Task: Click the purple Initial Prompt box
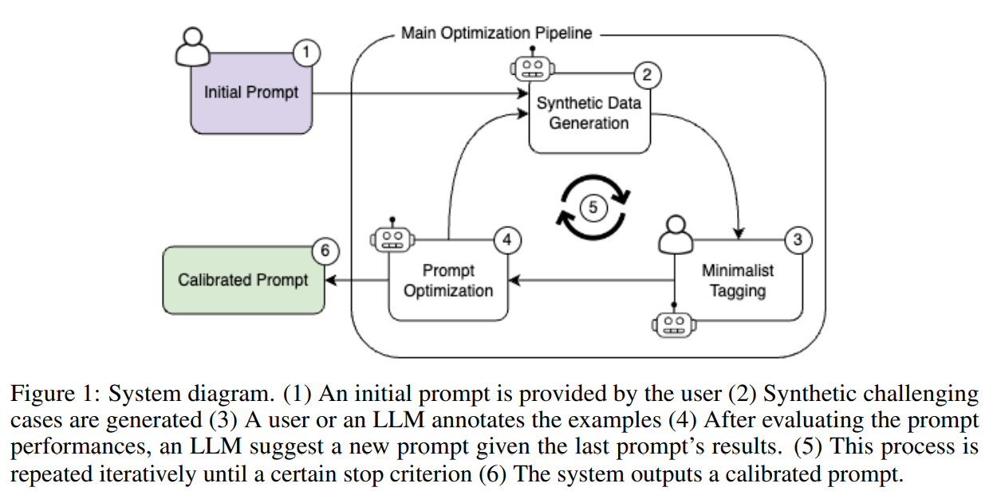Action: click(x=250, y=93)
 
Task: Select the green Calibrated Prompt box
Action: click(x=243, y=281)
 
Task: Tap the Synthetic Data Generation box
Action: click(x=589, y=113)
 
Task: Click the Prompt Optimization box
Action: click(x=448, y=281)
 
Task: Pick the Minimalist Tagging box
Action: click(x=738, y=281)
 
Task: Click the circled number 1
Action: click(x=307, y=54)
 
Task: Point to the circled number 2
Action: click(x=647, y=76)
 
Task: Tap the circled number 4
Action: click(x=507, y=238)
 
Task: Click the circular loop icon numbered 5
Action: click(x=593, y=206)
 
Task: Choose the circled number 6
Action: click(x=324, y=251)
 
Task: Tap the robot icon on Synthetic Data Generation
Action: click(x=531, y=68)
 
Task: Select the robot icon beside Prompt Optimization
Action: click(x=391, y=237)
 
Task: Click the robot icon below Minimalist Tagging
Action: click(x=674, y=324)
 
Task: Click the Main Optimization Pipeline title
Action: click(x=496, y=33)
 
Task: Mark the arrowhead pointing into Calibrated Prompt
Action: click(x=330, y=281)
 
